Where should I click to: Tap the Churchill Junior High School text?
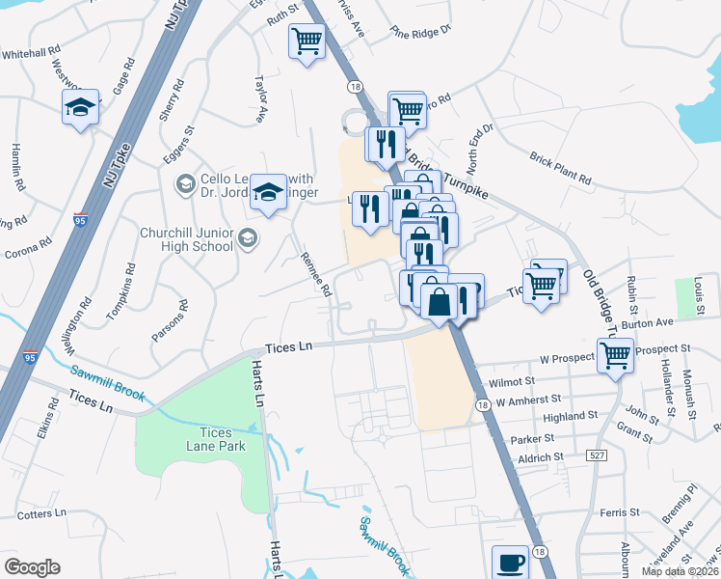[x=187, y=238]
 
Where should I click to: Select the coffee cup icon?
[x=510, y=561]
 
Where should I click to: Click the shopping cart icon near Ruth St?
[x=307, y=41]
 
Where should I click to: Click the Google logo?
[x=32, y=567]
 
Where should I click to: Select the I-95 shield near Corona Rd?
[x=82, y=221]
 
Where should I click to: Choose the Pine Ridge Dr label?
[x=420, y=34]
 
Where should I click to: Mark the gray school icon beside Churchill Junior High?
[x=248, y=237]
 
